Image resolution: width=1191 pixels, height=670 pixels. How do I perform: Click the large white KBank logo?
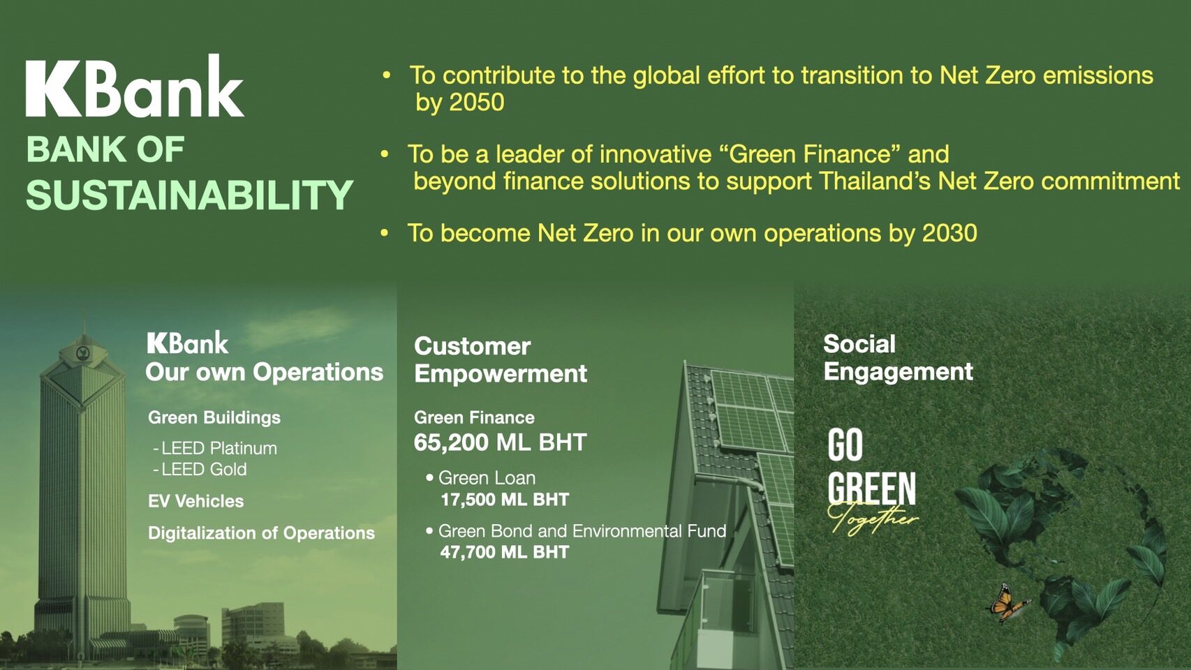point(135,85)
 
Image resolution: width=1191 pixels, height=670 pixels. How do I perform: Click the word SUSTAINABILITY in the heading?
point(189,195)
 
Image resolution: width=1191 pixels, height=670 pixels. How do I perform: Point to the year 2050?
point(476,102)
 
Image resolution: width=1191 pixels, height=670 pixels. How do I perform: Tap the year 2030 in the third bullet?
point(949,233)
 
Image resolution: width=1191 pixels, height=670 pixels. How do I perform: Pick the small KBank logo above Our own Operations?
point(188,343)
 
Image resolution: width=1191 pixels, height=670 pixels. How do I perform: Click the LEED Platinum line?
point(215,448)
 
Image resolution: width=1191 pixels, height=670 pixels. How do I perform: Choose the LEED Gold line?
point(200,470)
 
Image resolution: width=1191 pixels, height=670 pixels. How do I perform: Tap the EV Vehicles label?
point(195,501)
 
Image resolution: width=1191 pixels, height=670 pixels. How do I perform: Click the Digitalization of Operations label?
point(262,533)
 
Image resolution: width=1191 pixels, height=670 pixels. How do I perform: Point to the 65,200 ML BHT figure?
point(500,442)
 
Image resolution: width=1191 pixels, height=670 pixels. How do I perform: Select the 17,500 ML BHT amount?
point(505,500)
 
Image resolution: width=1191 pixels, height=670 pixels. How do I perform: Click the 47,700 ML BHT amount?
point(505,553)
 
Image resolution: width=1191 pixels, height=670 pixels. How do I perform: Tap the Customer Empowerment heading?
point(501,360)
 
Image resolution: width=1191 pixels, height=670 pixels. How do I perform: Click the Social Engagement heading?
point(898,358)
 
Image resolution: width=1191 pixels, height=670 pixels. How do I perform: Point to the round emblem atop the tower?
point(82,352)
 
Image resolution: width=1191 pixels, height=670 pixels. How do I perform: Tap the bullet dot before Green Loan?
point(429,478)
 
